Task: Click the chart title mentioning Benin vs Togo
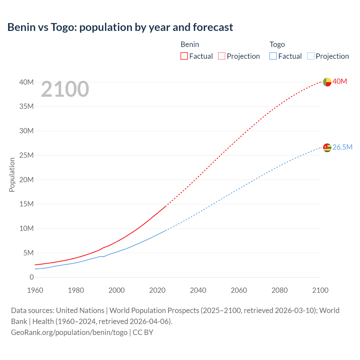point(120,27)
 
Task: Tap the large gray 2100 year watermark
point(65,89)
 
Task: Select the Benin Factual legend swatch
point(184,56)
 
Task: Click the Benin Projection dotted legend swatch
point(222,56)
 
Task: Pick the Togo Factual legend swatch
point(273,56)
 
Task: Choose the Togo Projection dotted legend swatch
point(310,56)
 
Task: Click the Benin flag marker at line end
point(327,82)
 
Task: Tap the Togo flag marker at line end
point(327,148)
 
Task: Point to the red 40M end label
point(339,81)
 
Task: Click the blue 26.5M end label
point(342,147)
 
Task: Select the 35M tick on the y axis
point(26,106)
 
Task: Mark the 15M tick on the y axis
point(26,204)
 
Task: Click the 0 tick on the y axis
point(31,277)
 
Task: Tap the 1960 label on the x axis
point(35,290)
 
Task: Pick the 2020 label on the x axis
point(157,290)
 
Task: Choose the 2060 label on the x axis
point(239,290)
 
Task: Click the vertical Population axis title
point(12,175)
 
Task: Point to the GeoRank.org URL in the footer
point(69,332)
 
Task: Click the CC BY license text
point(143,332)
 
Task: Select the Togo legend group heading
point(277,44)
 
